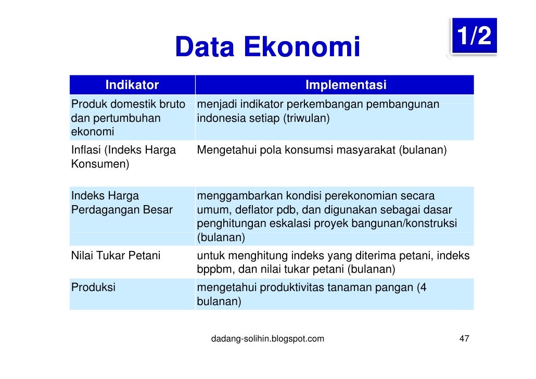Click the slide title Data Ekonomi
267,48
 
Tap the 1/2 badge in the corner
474,36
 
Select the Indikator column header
132,85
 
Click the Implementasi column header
346,85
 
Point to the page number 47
464,339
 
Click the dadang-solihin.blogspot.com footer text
267,339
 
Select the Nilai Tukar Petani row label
116,256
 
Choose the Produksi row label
93,287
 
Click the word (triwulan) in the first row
307,118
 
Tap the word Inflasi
86,150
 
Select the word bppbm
214,270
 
